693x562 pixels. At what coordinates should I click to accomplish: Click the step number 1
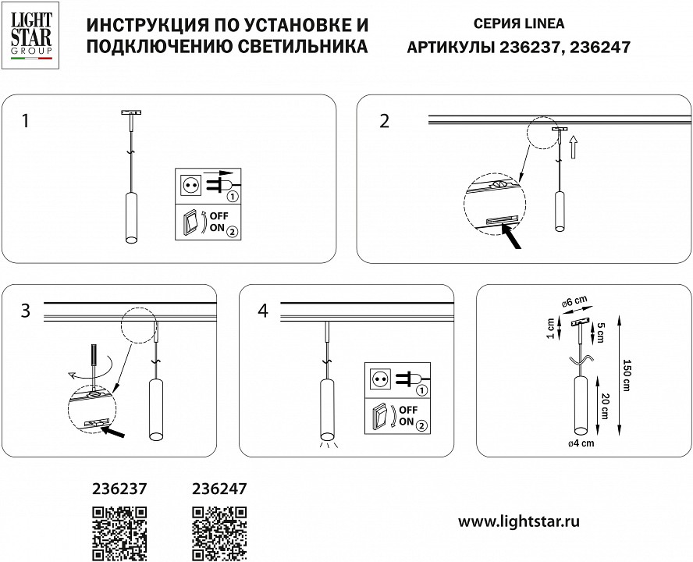pos(27,121)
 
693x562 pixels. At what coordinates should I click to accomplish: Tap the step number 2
pos(383,121)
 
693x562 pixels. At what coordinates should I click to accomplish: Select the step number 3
pos(26,311)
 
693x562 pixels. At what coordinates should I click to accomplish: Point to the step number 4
pos(262,311)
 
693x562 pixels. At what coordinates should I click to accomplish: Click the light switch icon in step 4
pos(381,416)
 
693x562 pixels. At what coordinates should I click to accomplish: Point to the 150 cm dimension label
pos(626,377)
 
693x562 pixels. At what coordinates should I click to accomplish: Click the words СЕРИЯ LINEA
pos(519,24)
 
